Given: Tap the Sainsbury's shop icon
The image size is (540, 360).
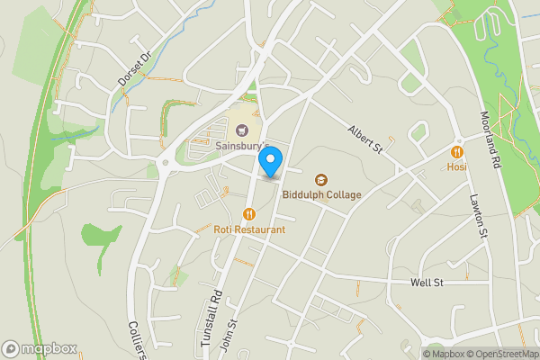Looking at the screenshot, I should click(216, 130).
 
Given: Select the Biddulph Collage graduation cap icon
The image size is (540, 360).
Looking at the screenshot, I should click(320, 180).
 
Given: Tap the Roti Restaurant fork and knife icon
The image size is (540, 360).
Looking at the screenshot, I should click(249, 214).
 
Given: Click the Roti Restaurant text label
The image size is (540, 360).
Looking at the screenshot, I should click(249, 229).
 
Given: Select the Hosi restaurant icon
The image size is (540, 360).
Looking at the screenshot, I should click(456, 152).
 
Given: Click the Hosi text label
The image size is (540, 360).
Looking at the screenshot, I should click(456, 166).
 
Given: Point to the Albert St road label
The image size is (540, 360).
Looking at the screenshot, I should click(364, 139).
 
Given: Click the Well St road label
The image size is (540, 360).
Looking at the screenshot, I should click(427, 283).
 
